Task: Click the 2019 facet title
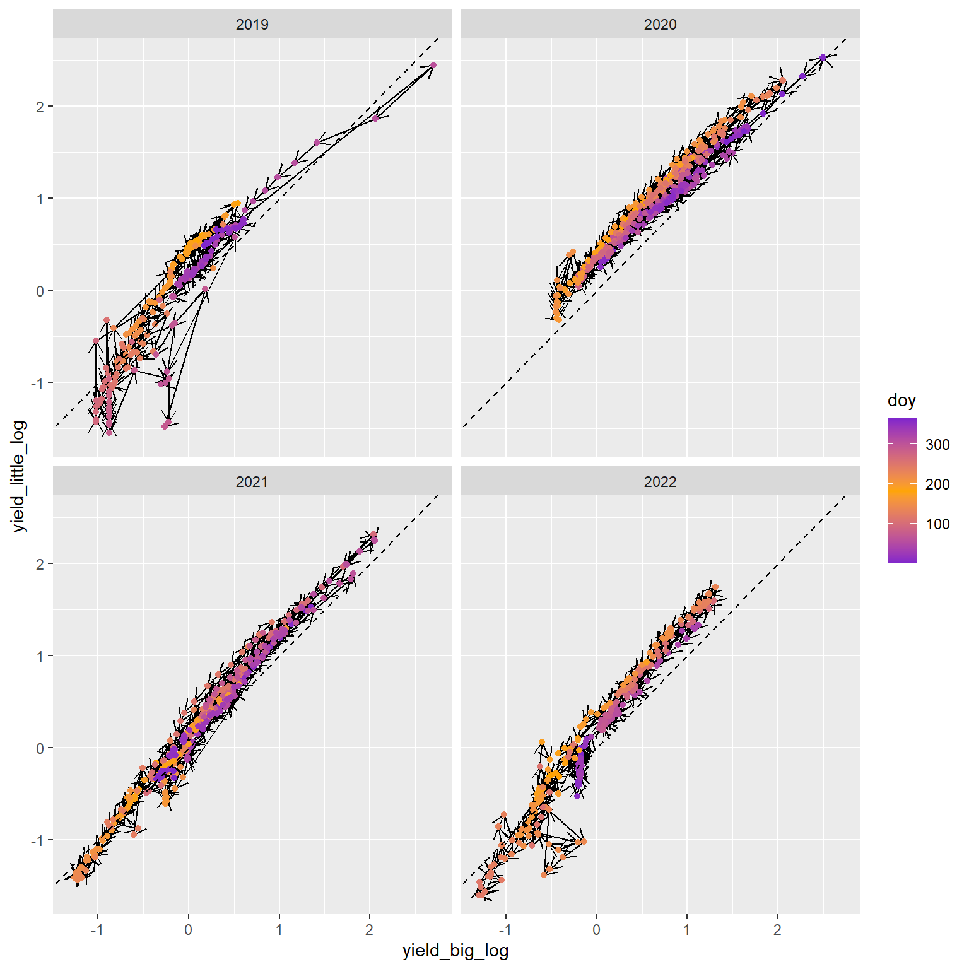252,25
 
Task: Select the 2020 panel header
660,25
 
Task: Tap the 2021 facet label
252,482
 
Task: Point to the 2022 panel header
660,482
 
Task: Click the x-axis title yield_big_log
455,951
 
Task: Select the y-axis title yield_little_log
20,476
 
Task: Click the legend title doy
901,401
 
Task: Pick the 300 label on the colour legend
937,445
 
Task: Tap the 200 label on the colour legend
937,484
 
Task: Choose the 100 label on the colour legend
937,524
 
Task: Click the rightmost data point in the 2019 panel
433,65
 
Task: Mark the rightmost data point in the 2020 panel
823,57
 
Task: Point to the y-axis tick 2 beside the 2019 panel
40,107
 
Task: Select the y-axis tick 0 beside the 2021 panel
40,748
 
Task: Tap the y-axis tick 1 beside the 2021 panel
40,656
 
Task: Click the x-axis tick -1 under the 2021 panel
97,929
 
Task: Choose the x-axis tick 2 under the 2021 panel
370,929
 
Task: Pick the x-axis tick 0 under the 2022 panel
596,929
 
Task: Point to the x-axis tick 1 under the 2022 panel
687,929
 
